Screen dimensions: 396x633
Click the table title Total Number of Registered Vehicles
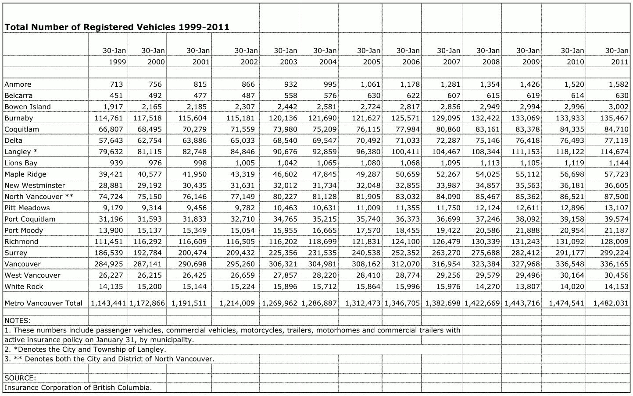pos(117,27)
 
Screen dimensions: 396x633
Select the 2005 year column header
pos(372,62)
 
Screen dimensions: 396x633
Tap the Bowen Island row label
pos(28,107)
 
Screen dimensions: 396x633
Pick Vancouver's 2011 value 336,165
pos(611,264)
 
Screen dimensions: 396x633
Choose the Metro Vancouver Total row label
pos(43,303)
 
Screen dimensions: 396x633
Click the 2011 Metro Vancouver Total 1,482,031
pos(611,303)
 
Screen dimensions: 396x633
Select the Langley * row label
pos(21,152)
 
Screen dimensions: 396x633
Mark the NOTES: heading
pos(18,321)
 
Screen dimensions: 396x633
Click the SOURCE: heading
pos(20,378)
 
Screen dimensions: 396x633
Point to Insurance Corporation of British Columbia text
pos(78,388)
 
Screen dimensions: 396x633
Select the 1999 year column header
pos(117,62)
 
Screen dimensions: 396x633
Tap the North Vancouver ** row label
pos(39,197)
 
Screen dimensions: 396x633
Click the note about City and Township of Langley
pos(85,350)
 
